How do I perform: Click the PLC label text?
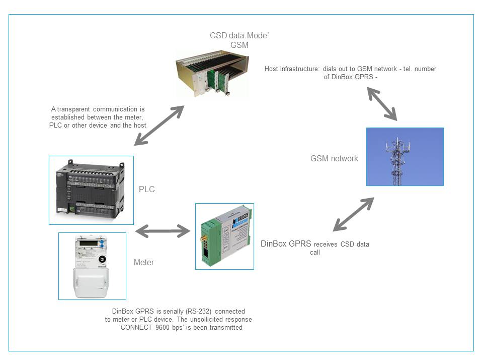[x=146, y=189]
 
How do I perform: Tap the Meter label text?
[x=144, y=262]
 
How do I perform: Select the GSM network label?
[x=334, y=159]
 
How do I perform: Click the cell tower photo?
[x=405, y=157]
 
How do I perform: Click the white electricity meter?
[x=92, y=266]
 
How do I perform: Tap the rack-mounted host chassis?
[x=212, y=75]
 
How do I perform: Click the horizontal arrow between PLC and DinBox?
[x=163, y=231]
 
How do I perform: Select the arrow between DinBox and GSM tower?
[x=354, y=214]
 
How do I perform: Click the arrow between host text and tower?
[x=382, y=104]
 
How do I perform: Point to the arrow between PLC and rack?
[x=159, y=126]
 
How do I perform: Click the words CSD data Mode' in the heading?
[x=239, y=35]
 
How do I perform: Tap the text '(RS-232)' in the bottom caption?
[x=199, y=311]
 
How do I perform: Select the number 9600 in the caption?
[x=163, y=327]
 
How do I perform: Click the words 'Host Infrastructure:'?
[x=292, y=69]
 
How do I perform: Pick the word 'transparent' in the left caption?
[x=73, y=109]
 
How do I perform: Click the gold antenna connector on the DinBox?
[x=203, y=238]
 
